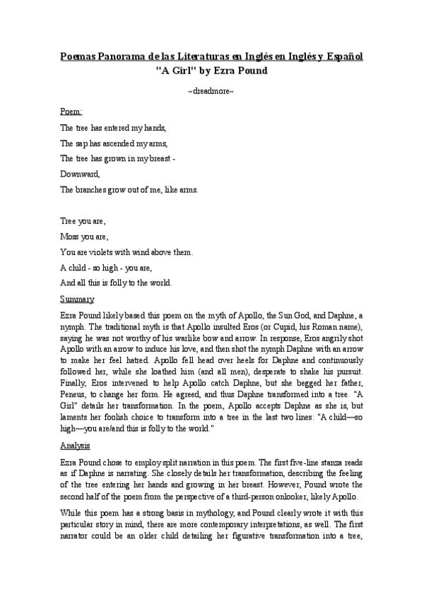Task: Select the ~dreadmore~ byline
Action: coord(211,92)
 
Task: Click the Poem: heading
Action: coord(71,112)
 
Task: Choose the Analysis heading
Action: coord(75,446)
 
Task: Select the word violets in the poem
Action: coord(106,252)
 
